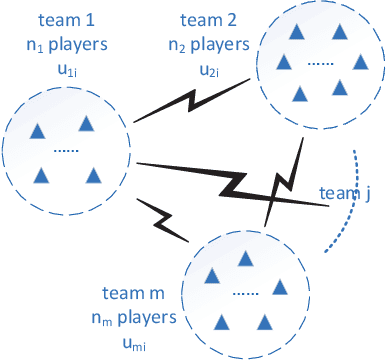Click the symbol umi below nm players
(x=133, y=342)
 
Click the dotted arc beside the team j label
(x=347, y=215)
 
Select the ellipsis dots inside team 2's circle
(x=320, y=62)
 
